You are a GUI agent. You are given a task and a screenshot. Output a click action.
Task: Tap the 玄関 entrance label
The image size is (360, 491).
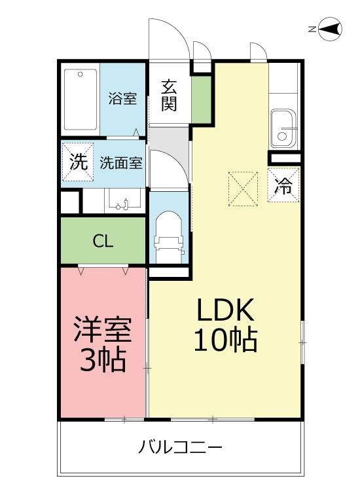pos(169,96)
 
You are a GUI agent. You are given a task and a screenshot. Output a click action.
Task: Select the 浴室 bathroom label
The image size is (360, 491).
pos(122,98)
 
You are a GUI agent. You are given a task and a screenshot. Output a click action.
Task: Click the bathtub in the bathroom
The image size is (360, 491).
pos(81,100)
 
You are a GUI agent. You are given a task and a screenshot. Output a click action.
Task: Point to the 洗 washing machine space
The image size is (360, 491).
pos(78,162)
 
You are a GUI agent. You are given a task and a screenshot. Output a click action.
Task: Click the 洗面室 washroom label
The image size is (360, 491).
pos(121,163)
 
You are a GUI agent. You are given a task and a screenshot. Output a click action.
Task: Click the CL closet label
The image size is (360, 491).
pos(103,241)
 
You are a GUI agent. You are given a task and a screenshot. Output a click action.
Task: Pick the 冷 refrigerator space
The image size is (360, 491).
pos(283,185)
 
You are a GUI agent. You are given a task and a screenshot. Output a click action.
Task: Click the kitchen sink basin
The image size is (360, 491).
pos(283,128)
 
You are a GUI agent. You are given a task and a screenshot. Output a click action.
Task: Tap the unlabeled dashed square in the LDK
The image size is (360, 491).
pos(243,189)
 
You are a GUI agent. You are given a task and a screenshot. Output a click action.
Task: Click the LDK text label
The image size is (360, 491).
pos(225,310)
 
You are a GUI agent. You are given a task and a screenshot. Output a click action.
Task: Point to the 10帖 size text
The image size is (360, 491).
pos(225,340)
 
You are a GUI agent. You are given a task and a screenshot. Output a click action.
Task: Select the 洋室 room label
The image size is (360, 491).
pos(103,329)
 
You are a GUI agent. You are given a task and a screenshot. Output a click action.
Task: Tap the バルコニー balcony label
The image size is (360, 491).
pos(180,447)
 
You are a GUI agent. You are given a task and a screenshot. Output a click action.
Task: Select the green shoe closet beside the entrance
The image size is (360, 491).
pos(202,100)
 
